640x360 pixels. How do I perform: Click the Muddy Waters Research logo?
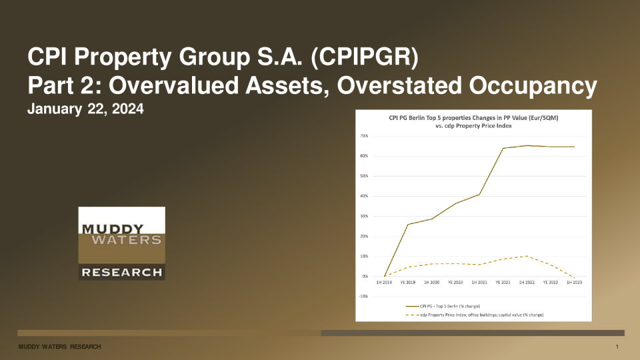tap(121, 243)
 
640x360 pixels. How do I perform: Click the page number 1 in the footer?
tap(618, 347)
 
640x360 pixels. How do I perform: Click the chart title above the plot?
tap(473, 122)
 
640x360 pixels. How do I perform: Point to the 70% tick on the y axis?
tap(364, 136)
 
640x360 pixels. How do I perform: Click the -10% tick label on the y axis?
tap(363, 296)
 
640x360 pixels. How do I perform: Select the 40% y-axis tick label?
tap(364, 196)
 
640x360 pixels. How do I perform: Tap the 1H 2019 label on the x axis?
tap(385, 283)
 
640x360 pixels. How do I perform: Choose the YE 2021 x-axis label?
tap(503, 283)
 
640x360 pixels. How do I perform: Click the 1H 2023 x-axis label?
tap(574, 283)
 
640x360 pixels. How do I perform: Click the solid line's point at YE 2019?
tap(409, 224)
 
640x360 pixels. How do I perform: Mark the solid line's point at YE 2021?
tap(503, 148)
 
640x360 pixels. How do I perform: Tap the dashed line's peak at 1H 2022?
tap(527, 256)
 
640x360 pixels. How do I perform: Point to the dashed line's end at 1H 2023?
tap(574, 277)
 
